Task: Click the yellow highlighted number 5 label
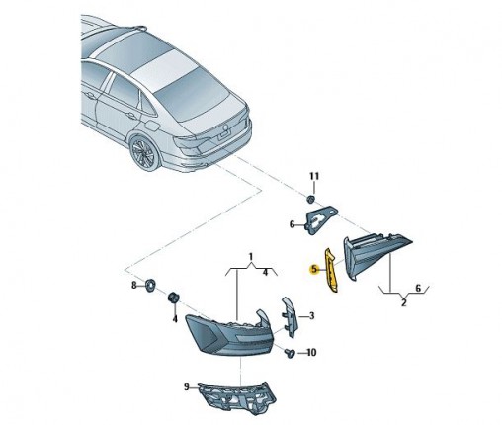pyautogui.click(x=314, y=269)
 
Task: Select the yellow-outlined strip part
pyautogui.click(x=331, y=270)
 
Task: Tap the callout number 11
pyautogui.click(x=314, y=176)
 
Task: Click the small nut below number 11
pyautogui.click(x=310, y=199)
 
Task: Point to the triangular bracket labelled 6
pyautogui.click(x=321, y=219)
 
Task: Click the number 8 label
pyautogui.click(x=134, y=285)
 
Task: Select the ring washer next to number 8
pyautogui.click(x=151, y=285)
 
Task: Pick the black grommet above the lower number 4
pyautogui.click(x=173, y=297)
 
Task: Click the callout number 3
pyautogui.click(x=311, y=316)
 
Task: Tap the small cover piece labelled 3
pyautogui.click(x=290, y=317)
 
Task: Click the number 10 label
pyautogui.click(x=311, y=353)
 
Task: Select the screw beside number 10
pyautogui.click(x=290, y=354)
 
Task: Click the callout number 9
pyautogui.click(x=187, y=387)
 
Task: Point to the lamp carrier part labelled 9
pyautogui.click(x=236, y=397)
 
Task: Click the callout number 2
pyautogui.click(x=404, y=302)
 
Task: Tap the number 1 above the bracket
pyautogui.click(x=251, y=256)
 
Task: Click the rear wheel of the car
pyautogui.click(x=144, y=152)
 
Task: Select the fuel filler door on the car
pyautogui.click(x=152, y=127)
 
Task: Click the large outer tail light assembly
pyautogui.click(x=227, y=335)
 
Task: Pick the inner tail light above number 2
pyautogui.click(x=376, y=255)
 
